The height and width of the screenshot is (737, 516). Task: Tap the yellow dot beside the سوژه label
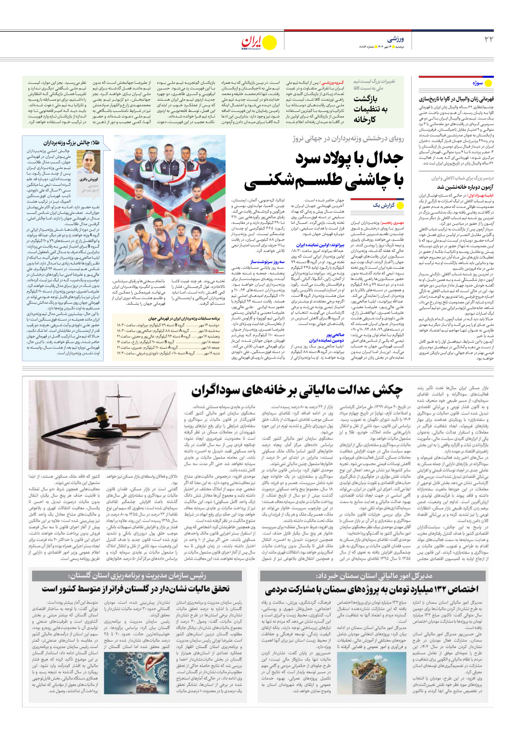[488, 83]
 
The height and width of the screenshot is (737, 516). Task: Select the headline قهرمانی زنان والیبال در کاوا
[456, 99]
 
